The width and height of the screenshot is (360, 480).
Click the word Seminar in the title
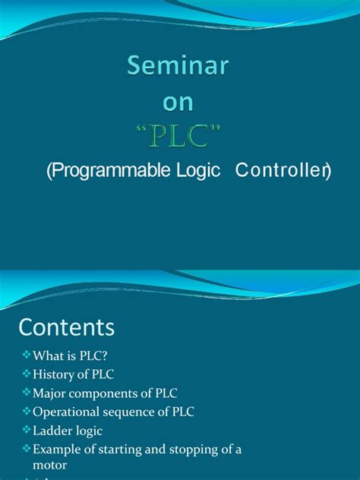[x=177, y=67]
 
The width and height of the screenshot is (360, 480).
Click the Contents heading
[x=67, y=327]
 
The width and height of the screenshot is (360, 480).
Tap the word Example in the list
[x=58, y=449]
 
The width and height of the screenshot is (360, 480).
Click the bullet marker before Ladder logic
[x=27, y=431]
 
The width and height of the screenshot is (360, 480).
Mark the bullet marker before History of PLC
[x=27, y=374]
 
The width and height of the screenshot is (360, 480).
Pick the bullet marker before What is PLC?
[x=27, y=355]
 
